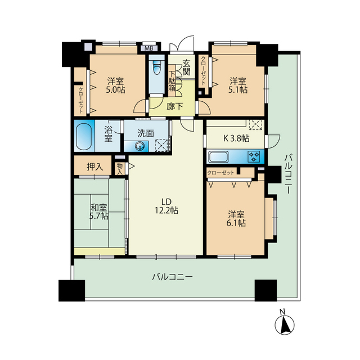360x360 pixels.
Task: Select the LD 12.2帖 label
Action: tap(166, 206)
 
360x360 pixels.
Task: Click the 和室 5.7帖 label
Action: tap(99, 211)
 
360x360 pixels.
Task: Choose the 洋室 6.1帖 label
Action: tap(236, 218)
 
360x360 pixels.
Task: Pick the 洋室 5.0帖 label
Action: tap(116, 84)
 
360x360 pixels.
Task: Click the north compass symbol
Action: tap(285, 324)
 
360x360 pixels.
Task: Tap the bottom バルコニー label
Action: tap(173, 277)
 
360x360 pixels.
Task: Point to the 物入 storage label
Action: tap(119, 167)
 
